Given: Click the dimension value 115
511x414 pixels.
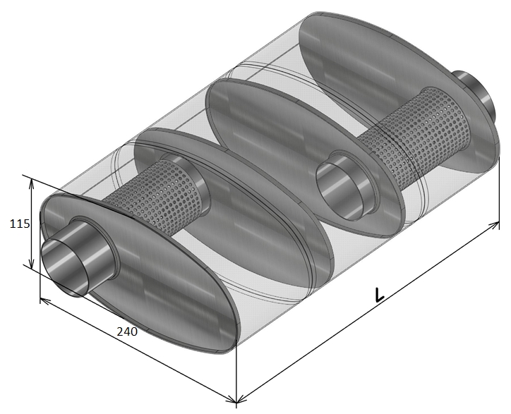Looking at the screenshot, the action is pyautogui.click(x=20, y=224).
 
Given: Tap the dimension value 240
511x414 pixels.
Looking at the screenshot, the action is pyautogui.click(x=127, y=331).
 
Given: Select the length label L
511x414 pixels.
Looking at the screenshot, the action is pyautogui.click(x=379, y=295).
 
